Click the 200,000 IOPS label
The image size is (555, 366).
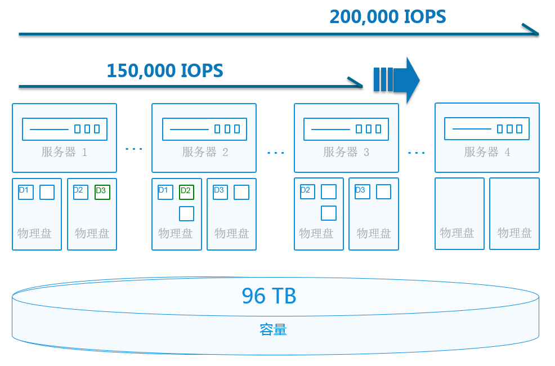(388, 17)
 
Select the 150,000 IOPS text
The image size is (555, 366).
(165, 71)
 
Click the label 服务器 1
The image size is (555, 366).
(64, 152)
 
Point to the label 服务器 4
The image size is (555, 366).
(487, 152)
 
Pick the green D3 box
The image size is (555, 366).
(102, 192)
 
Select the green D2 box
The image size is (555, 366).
(186, 192)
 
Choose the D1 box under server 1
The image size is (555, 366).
(25, 192)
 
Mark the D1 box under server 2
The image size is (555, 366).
(165, 192)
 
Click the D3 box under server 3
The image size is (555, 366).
(362, 192)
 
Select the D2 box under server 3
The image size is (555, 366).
(307, 192)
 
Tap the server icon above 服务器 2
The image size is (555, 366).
(204, 129)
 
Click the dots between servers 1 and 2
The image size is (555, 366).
(134, 149)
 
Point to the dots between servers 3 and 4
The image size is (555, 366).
(417, 153)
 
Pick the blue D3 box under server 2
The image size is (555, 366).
(221, 192)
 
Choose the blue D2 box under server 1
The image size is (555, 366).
(80, 192)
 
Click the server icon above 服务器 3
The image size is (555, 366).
(346, 129)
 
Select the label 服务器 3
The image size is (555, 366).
(346, 152)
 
